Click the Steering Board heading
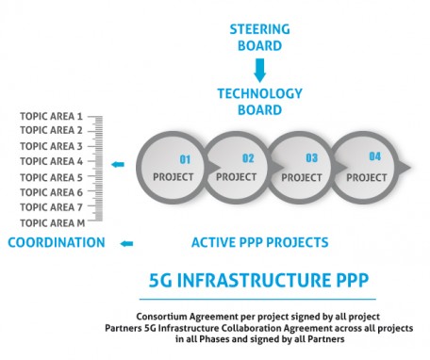[259, 35]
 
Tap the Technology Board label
[259, 102]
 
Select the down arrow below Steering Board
[259, 68]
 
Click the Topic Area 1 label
[52, 116]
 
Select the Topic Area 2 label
[52, 131]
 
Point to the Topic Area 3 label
[52, 146]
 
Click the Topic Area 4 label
[52, 161]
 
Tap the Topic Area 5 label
[52, 177]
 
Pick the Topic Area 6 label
[52, 192]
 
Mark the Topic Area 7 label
[52, 207]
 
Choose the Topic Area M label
[52, 222]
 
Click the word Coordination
[57, 243]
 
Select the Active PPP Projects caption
[259, 243]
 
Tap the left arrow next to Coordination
[126, 244]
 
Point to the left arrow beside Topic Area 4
[118, 165]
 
